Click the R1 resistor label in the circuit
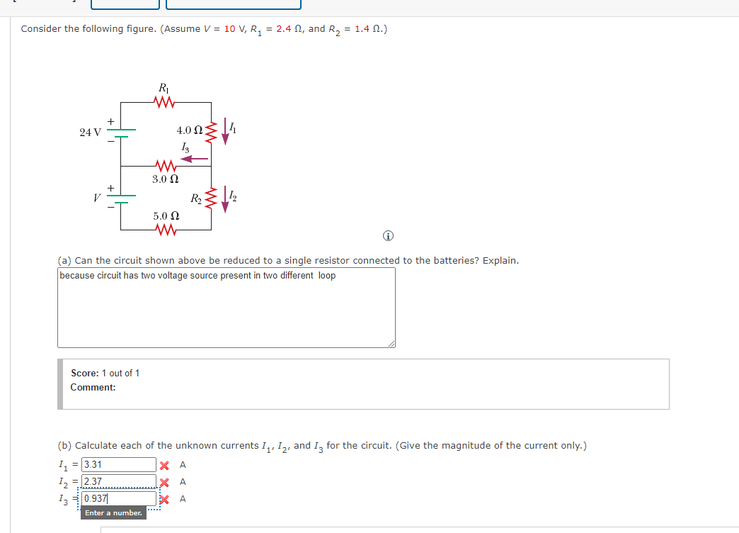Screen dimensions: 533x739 tap(164, 89)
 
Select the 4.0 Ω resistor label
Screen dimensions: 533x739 tap(190, 130)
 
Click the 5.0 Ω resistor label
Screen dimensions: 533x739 tap(166, 215)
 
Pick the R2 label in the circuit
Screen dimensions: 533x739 tap(195, 200)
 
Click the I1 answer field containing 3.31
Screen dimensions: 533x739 tap(118, 465)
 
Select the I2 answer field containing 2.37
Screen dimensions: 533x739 tap(118, 482)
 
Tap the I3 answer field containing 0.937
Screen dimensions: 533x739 tap(118, 499)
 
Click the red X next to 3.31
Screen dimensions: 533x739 tap(164, 466)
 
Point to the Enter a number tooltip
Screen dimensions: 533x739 tap(113, 512)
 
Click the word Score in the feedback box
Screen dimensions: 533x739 tap(85, 373)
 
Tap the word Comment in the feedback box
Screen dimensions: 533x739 tap(93, 387)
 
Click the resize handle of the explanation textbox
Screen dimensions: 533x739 tap(391, 344)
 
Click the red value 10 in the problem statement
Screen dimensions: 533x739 tap(230, 29)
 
